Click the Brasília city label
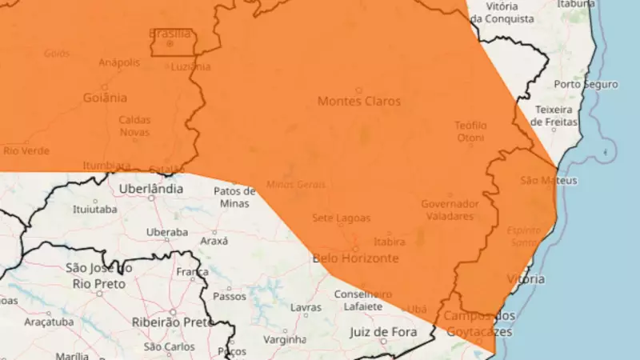[170, 34]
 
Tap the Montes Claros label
[359, 102]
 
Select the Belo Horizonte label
[355, 258]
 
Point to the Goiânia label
[104, 98]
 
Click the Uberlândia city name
[150, 190]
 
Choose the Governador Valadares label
[450, 210]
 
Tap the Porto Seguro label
[586, 84]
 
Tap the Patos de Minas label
[234, 197]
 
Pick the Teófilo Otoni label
[470, 131]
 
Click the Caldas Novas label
[134, 126]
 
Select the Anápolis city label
[119, 62]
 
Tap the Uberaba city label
[166, 232]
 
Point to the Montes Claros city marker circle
[359, 90]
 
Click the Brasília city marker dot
[170, 43]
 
